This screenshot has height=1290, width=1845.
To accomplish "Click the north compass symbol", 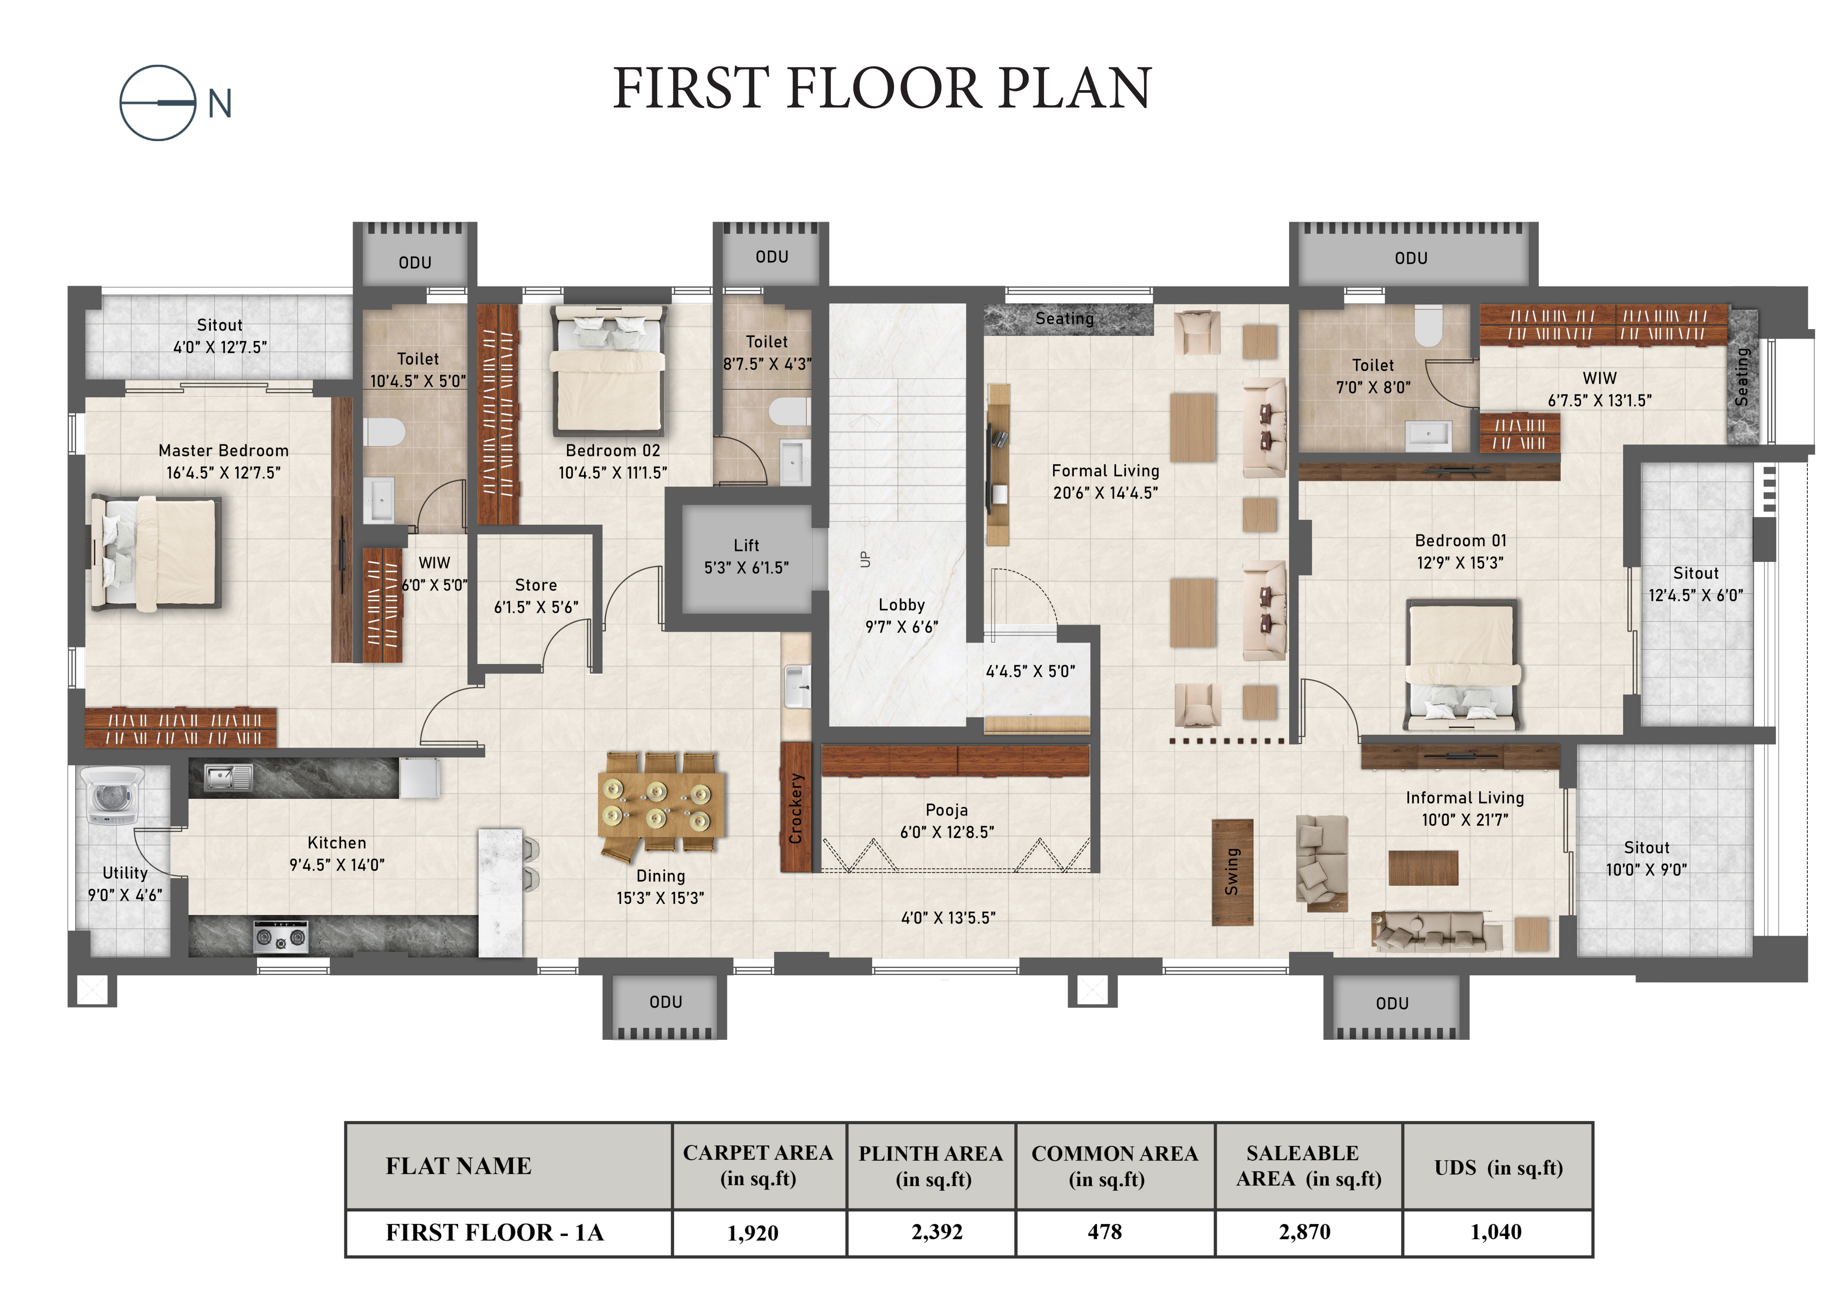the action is [157, 103].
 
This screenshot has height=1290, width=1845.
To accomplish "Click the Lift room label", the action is [746, 545].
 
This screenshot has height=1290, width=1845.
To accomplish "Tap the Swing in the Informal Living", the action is [1232, 872].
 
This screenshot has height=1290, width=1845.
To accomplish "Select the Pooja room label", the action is [946, 810].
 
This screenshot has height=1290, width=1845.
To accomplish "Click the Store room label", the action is [536, 585].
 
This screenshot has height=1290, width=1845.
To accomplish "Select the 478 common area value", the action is [1105, 1231].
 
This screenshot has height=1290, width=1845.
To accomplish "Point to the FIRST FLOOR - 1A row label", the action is [494, 1232].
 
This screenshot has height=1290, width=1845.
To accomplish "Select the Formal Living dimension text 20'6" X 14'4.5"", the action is [1106, 493].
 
